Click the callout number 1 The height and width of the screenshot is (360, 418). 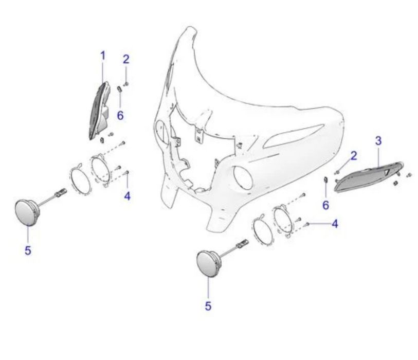(x=103, y=56)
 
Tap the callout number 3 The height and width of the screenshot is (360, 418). (x=378, y=141)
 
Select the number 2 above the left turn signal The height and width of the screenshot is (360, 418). (x=126, y=59)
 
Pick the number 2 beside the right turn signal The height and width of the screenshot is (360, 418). (x=354, y=156)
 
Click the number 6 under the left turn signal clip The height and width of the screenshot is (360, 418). (x=120, y=116)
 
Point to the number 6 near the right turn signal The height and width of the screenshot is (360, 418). (x=325, y=205)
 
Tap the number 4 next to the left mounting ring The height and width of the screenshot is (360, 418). (x=127, y=196)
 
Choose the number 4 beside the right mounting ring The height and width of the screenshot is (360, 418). (x=335, y=224)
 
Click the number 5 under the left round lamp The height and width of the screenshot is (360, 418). (x=28, y=250)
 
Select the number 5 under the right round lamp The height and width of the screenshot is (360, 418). (x=208, y=306)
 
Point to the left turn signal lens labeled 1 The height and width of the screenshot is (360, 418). (x=99, y=112)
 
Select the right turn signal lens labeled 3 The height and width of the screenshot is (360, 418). (x=368, y=177)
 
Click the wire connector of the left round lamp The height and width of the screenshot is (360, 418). (x=61, y=192)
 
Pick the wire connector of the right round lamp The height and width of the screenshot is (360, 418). (x=242, y=243)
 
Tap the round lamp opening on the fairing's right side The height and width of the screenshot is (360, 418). (x=243, y=177)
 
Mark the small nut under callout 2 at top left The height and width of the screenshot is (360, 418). (x=126, y=84)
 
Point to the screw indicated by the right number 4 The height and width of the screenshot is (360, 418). (x=307, y=224)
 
